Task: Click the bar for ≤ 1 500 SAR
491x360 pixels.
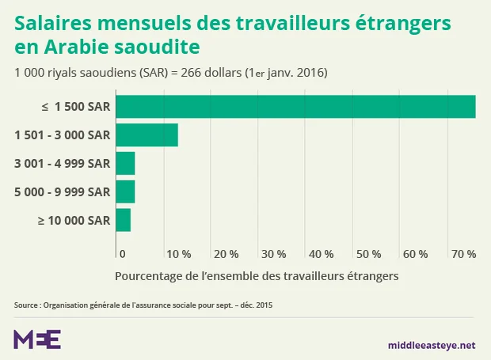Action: [295, 107]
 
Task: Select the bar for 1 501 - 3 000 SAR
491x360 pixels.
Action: [147, 135]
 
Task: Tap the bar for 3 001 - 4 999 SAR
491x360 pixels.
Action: [125, 164]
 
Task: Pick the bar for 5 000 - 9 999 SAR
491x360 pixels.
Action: [125, 191]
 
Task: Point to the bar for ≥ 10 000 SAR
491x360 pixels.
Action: [123, 220]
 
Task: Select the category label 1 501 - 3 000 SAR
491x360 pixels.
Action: [62, 135]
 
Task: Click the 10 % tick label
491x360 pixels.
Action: [178, 254]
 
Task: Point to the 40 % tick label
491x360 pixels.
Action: [321, 254]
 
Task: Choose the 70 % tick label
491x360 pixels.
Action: [463, 254]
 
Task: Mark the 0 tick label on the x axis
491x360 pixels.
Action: [122, 254]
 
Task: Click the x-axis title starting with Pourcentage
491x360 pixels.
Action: [256, 276]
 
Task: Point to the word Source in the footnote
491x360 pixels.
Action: [26, 305]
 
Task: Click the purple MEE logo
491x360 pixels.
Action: [37, 339]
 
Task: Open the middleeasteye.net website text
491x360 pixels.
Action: [432, 345]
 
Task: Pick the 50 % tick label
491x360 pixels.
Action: [368, 254]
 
